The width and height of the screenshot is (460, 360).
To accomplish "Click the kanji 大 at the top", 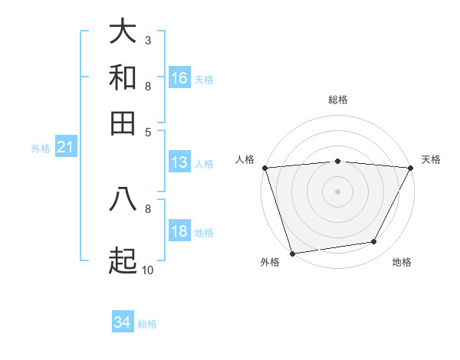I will [x=123, y=32].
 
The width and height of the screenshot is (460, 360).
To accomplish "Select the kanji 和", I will [x=123, y=78].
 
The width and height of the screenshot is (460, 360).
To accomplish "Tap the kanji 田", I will [x=123, y=123].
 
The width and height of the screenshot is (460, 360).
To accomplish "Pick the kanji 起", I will [x=123, y=260].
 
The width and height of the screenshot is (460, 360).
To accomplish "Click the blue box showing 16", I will [x=179, y=78].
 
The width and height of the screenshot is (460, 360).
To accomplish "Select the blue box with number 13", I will [x=179, y=162].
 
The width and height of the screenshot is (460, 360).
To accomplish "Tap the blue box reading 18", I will [x=179, y=231].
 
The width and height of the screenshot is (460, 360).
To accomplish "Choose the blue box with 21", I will [x=64, y=148].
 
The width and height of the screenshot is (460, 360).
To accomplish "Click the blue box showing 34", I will [x=122, y=323].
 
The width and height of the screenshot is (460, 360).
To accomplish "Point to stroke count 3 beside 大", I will [x=147, y=40].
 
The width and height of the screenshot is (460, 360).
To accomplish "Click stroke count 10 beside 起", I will [x=147, y=270].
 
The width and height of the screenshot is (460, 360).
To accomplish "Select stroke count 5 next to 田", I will [x=147, y=131].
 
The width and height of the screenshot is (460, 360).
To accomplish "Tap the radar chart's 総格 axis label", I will [x=337, y=100].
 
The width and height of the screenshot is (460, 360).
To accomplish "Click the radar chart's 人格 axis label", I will [x=245, y=159].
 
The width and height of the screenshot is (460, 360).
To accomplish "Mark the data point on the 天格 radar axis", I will [x=411, y=168].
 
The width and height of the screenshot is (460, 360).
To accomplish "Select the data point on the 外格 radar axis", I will [x=292, y=253].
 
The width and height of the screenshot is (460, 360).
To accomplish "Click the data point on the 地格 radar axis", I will [x=374, y=242].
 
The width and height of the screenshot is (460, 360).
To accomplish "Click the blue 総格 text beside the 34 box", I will [x=147, y=324].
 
